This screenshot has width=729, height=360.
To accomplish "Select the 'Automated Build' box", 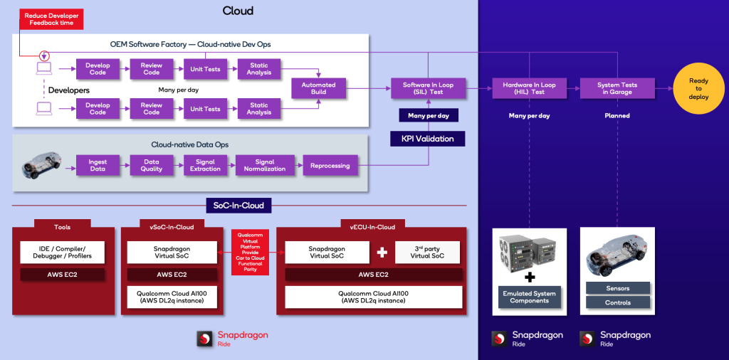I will [x=313, y=89].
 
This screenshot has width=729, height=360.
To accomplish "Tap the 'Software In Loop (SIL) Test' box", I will [x=427, y=89].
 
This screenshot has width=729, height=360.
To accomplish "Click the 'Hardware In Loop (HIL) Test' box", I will [x=528, y=89].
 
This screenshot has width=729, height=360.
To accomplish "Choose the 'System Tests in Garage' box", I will [x=617, y=89].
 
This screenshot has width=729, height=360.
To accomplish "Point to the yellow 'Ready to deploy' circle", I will [x=698, y=89].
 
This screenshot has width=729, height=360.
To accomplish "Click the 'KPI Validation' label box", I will [x=427, y=138].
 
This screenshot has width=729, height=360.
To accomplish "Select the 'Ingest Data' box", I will [x=98, y=166].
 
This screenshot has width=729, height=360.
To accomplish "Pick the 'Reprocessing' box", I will [x=330, y=166].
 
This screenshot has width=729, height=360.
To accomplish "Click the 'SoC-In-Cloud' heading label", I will [x=239, y=206].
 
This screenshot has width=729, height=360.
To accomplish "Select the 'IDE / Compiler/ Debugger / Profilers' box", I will [x=62, y=252].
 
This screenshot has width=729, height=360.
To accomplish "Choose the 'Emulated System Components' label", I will [x=528, y=297].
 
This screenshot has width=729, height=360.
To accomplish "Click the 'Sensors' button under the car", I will [x=617, y=287].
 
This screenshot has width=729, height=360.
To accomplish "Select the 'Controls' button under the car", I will [x=617, y=302].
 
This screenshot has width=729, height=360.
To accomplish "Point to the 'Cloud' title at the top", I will [x=238, y=11].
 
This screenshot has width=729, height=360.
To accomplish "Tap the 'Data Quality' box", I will [x=152, y=166].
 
